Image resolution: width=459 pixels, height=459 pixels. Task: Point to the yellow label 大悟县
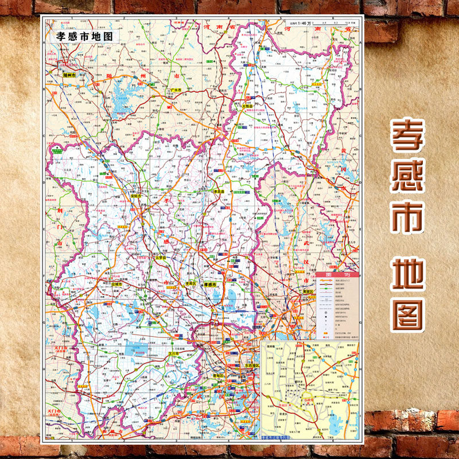pyautogui.click(x=247, y=106)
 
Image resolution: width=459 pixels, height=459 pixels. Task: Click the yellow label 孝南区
pyautogui.click(x=190, y=284)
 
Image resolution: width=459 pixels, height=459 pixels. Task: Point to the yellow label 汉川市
pyautogui.click(x=174, y=354)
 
